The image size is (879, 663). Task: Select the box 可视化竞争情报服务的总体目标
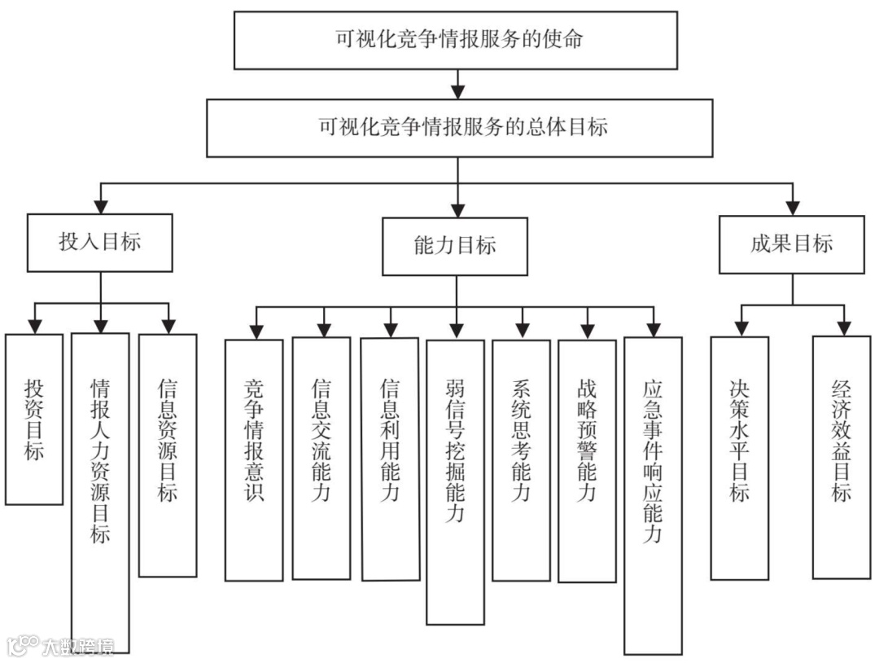pyautogui.click(x=459, y=128)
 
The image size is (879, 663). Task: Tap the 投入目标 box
pyautogui.click(x=99, y=243)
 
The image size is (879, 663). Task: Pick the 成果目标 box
pyautogui.click(x=791, y=244)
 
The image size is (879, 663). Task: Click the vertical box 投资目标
pyautogui.click(x=33, y=419)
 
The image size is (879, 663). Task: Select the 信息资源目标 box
pyautogui.click(x=167, y=455)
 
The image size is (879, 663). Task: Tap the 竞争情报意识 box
pyautogui.click(x=254, y=460)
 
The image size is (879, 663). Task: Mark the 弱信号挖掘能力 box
pyautogui.click(x=455, y=481)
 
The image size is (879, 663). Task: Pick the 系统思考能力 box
pyautogui.click(x=521, y=459)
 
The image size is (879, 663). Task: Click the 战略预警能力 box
pyautogui.click(x=586, y=460)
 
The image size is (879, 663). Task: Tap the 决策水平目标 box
pyautogui.click(x=739, y=458)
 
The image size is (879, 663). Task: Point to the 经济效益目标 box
pyautogui.click(x=841, y=457)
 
